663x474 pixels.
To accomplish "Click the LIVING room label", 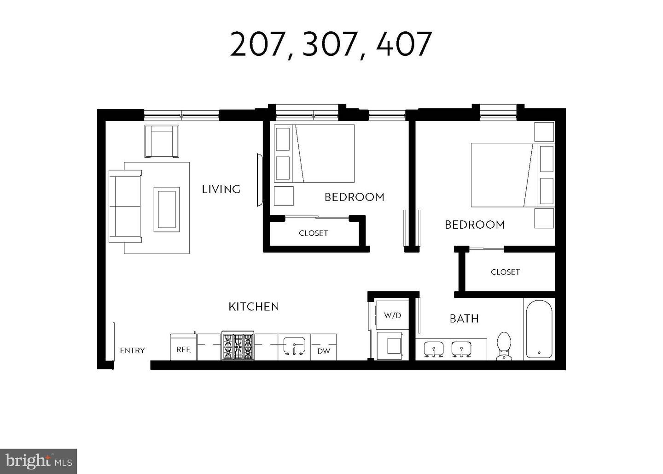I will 221,189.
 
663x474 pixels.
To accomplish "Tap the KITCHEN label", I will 254,307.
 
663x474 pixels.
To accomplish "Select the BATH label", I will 464,319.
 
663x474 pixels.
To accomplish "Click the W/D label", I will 392,315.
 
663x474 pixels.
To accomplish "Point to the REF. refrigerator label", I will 183,350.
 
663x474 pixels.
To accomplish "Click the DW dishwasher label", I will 324,351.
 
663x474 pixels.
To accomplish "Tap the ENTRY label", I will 132,350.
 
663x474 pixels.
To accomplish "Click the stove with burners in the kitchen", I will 238,346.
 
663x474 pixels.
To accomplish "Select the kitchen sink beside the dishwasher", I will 294,346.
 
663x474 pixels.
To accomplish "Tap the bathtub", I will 538,330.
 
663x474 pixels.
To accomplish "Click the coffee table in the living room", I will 167,209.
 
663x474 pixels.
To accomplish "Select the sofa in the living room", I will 125,206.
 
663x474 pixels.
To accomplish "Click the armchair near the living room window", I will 162,141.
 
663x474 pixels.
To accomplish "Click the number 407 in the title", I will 404,45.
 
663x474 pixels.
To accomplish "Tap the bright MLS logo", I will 38,461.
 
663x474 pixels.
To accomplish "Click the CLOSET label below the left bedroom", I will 314,233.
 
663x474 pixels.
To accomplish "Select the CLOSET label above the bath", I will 505,272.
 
